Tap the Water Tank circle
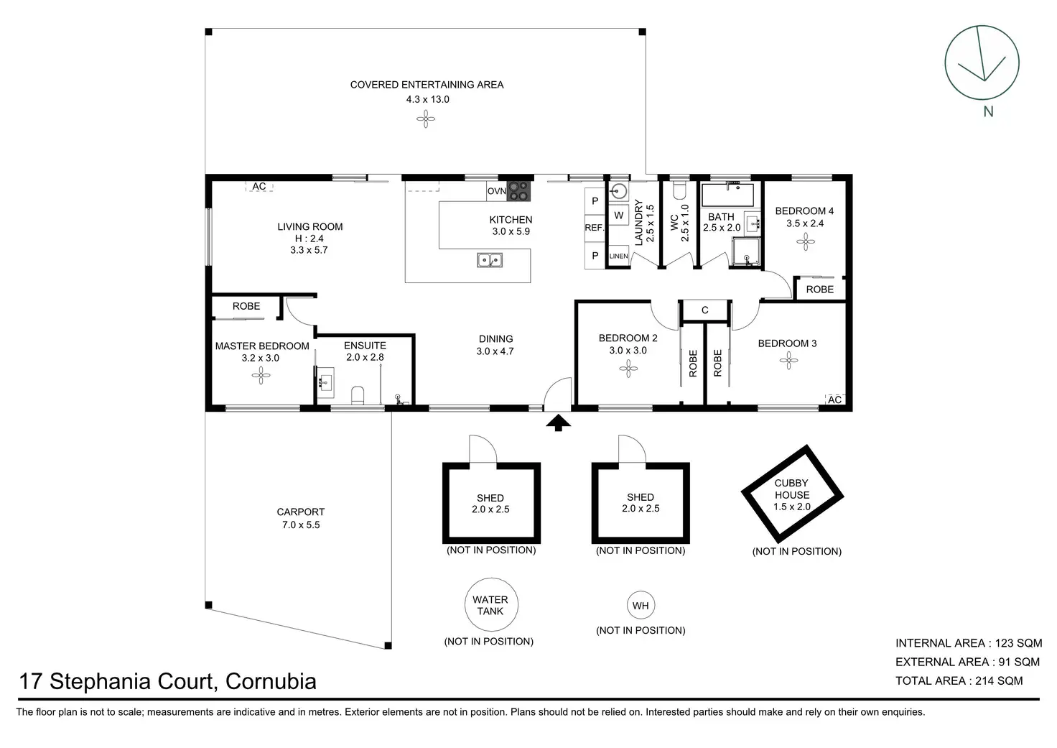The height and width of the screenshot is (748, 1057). pyautogui.click(x=490, y=605)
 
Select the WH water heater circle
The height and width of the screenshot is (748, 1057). pyautogui.click(x=641, y=606)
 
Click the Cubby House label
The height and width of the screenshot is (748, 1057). pyautogui.click(x=791, y=489)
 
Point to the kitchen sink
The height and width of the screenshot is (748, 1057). pyautogui.click(x=490, y=260)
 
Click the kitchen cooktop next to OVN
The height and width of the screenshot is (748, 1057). pyautogui.click(x=518, y=191)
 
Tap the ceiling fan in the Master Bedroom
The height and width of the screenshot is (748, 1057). pyautogui.click(x=262, y=374)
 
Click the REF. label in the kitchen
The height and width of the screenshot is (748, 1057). pyautogui.click(x=595, y=228)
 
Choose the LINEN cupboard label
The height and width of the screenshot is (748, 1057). pyautogui.click(x=618, y=257)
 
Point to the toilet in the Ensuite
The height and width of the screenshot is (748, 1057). pyautogui.click(x=358, y=394)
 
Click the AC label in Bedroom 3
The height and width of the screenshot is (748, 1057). pyautogui.click(x=834, y=400)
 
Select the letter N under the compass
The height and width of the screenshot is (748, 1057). pyautogui.click(x=988, y=111)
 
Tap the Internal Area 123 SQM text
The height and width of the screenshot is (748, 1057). pyautogui.click(x=968, y=643)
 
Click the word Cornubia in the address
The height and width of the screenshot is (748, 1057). pyautogui.click(x=271, y=681)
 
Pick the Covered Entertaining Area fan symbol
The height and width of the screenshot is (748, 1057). pyautogui.click(x=426, y=119)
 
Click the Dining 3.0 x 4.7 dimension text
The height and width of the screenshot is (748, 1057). pyautogui.click(x=495, y=351)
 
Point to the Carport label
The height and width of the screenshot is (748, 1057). pyautogui.click(x=300, y=512)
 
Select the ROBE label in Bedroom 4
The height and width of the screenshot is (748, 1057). pyautogui.click(x=819, y=289)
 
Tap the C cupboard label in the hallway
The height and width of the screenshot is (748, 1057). pyautogui.click(x=704, y=310)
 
